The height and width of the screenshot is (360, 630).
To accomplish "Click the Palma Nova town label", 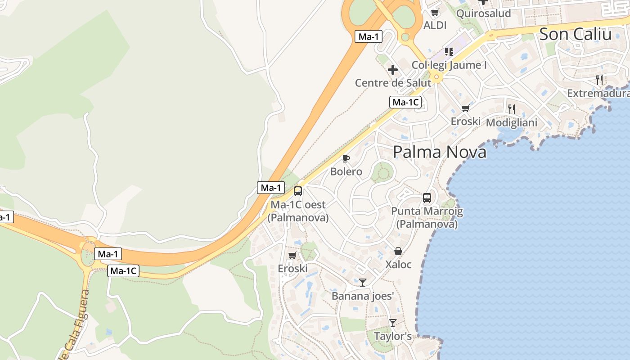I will coord(440,152).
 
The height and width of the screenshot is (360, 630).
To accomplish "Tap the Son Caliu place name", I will coord(575,34).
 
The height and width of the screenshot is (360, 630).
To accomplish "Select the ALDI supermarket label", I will coord(435,25).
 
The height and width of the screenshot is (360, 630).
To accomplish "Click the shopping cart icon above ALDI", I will coord(435,13).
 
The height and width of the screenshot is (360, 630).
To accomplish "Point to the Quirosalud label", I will coord(483,13).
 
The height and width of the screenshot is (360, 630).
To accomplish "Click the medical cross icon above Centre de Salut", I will coord(393,70).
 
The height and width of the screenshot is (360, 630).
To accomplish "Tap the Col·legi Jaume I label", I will coord(449,65).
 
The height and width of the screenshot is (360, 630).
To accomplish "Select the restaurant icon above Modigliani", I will coord(511,109).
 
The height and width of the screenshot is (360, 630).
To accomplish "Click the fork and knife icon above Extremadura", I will coord(599,80).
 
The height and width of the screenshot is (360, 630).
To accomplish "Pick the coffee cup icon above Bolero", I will coord(346,158).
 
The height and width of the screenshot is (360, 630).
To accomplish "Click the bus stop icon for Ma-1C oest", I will coord(298,191).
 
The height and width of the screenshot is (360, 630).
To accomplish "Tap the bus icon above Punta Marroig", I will coord(427,198).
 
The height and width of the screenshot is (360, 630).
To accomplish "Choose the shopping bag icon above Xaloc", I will coord(398,251).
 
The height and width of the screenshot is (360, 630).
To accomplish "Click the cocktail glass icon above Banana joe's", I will coord(363,283).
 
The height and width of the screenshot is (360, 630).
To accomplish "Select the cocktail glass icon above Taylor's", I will coord(393,323).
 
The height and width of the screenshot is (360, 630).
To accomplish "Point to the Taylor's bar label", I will coord(393,336).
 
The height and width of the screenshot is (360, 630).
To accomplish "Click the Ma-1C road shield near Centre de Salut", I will coord(405,102).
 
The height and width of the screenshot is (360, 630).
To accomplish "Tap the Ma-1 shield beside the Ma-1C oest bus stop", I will coord(270,188).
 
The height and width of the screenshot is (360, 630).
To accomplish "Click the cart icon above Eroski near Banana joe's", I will coord(292,256).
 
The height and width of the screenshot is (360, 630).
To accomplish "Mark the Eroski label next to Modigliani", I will coord(466,121).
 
